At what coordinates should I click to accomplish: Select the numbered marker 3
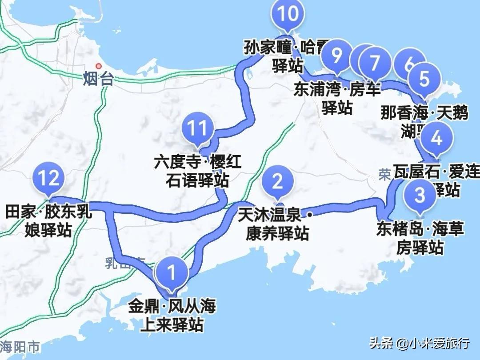point(420,195)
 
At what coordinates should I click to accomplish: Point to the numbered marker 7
point(375,63)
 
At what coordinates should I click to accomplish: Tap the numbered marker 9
point(337,56)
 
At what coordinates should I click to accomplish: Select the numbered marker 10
point(288,14)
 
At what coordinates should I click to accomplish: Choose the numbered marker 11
point(197,128)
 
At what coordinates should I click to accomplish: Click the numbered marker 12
point(48,179)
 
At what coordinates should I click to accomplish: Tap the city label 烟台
point(98,80)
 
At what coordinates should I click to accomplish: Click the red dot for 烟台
point(99,66)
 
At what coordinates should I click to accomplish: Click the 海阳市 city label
point(20,346)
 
